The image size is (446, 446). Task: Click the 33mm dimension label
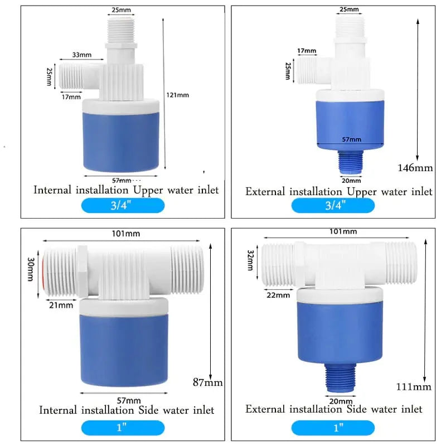81,55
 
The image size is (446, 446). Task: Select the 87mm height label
208,382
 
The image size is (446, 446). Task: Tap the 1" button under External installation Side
333,428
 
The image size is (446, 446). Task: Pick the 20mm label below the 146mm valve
351,181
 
